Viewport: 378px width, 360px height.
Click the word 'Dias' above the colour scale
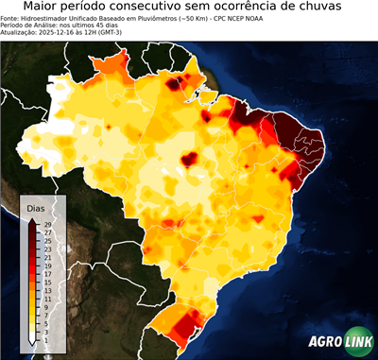coord(36,207)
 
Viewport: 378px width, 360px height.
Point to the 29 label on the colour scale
coord(47,224)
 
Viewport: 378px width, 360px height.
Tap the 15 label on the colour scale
coord(47,283)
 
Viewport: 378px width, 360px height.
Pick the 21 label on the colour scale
coord(47,258)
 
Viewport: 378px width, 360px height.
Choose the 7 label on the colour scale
coord(47,316)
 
